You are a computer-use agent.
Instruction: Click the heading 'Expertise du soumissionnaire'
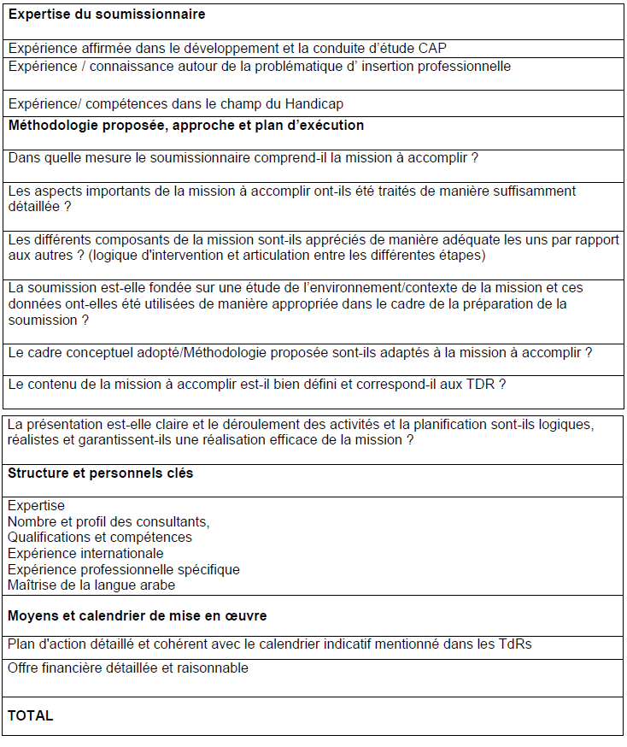click(107, 15)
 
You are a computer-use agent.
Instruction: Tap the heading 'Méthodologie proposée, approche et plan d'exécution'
click(186, 126)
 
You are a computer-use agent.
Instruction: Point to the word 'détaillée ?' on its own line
click(39, 207)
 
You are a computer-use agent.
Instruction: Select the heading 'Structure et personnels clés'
click(100, 473)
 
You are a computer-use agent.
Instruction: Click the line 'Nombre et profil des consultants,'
click(108, 521)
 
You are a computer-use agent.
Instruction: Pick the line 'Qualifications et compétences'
click(100, 538)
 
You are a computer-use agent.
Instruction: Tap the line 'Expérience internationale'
click(85, 554)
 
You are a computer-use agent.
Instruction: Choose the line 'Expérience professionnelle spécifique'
click(124, 569)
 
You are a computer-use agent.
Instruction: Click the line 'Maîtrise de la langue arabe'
click(91, 585)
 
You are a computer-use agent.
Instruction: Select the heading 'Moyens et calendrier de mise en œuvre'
click(138, 615)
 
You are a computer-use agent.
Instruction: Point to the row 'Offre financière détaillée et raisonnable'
click(128, 668)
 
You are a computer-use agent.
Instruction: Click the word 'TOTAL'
click(31, 716)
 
